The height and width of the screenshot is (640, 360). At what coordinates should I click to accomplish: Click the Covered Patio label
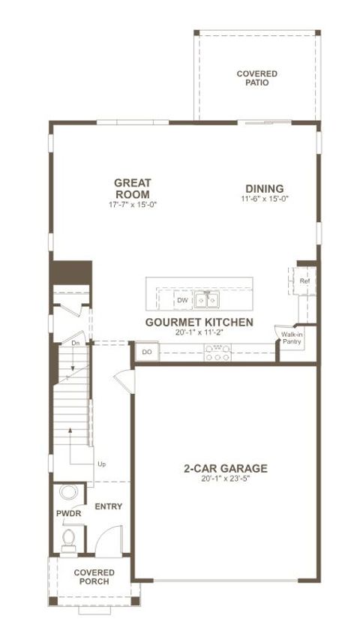coord(256,78)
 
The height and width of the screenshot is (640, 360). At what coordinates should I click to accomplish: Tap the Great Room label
coord(133,188)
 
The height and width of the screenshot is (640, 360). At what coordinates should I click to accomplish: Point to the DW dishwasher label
coord(182,300)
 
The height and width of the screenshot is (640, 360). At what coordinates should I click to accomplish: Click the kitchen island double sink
coord(207,300)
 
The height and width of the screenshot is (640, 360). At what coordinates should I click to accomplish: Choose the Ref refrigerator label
coord(304,281)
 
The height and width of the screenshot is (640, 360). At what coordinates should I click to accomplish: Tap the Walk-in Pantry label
coord(292,338)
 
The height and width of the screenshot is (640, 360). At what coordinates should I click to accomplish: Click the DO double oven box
coord(147,351)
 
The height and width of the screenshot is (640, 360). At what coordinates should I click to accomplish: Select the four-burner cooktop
coord(217,352)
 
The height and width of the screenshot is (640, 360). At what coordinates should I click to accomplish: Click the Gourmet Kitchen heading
coord(199,322)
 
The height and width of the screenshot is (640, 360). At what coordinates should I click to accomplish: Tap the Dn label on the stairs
coord(75,343)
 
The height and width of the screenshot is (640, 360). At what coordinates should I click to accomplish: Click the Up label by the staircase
coord(101,464)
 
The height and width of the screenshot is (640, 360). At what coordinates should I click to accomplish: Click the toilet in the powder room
coord(69,539)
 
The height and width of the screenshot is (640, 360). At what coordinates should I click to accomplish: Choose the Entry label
coord(108,507)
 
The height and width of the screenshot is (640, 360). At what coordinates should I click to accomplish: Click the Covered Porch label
coord(93,577)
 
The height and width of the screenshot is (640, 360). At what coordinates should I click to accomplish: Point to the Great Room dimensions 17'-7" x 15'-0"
coord(133,204)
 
